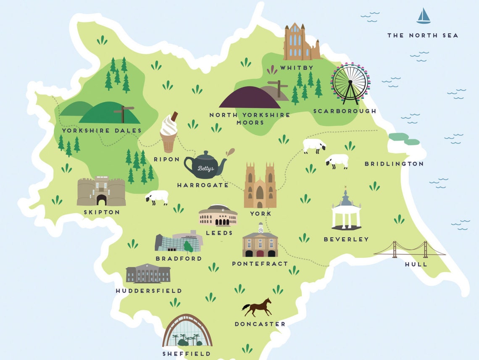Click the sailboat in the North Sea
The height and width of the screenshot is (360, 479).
coord(424,16)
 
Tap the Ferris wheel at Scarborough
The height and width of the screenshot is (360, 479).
coord(350,84)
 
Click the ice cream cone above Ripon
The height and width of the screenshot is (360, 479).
coord(168,132)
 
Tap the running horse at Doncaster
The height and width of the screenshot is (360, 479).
coord(257,307)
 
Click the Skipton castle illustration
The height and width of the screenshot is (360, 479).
coord(101,191)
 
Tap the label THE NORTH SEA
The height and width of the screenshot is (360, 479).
coord(422,36)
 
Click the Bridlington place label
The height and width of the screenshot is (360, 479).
coord(394,164)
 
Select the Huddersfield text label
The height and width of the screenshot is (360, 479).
coord(149,291)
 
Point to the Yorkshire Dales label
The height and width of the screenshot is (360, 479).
coord(102,131)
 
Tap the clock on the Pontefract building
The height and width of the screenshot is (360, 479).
coord(261,230)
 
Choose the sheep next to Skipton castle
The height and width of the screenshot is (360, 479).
coord(157,197)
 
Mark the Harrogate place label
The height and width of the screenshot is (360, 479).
coord(203,185)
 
